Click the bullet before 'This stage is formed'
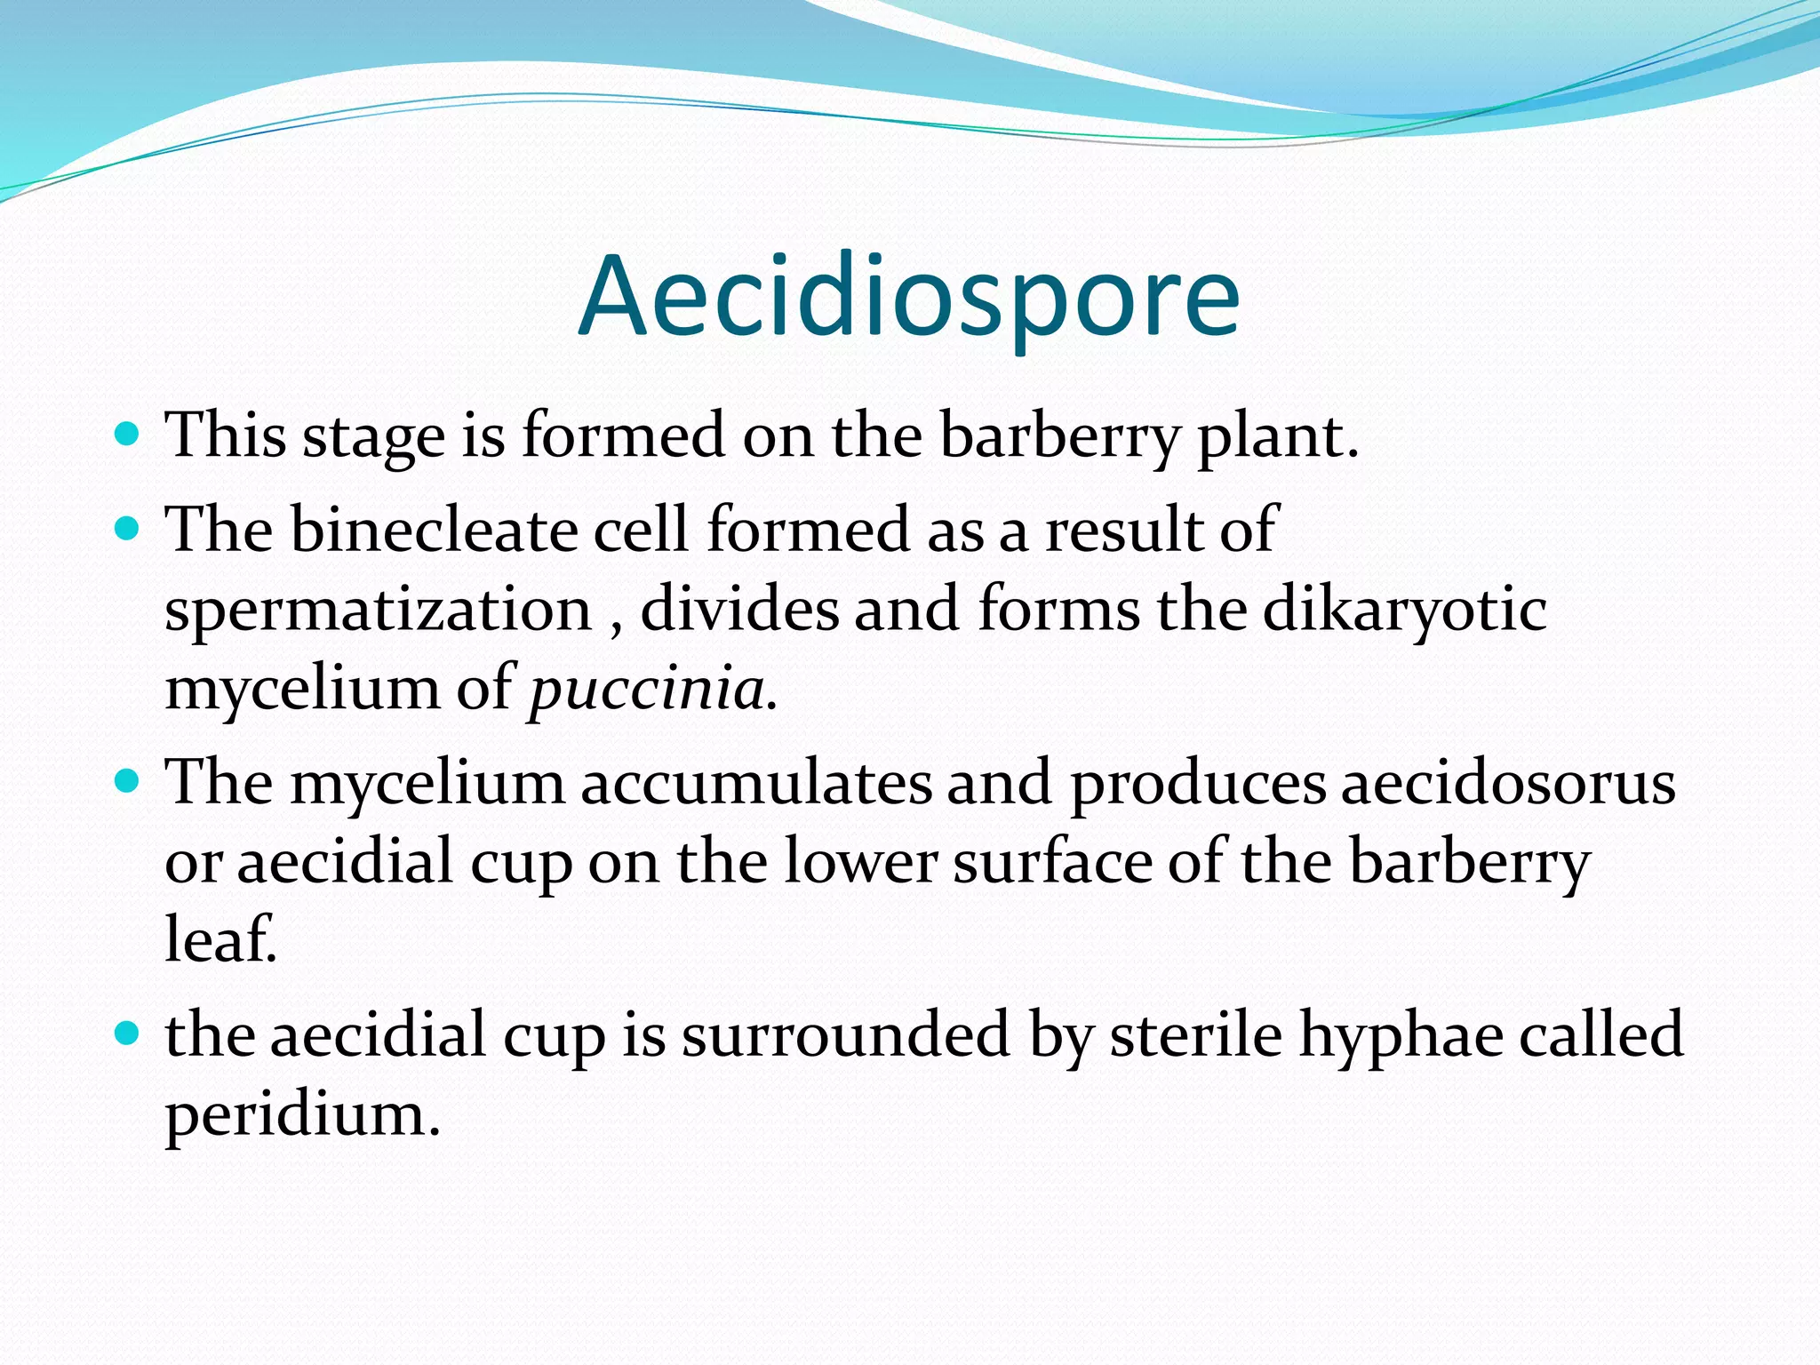128,435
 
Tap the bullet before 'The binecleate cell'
128,529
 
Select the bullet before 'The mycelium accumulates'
128,781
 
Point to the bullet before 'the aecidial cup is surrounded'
128,1034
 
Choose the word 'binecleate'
434,530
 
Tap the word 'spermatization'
378,611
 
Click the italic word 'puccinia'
647,690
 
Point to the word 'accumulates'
756,783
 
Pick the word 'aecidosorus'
1507,783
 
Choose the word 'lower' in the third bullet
860,862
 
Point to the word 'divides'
739,610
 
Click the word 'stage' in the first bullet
373,437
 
